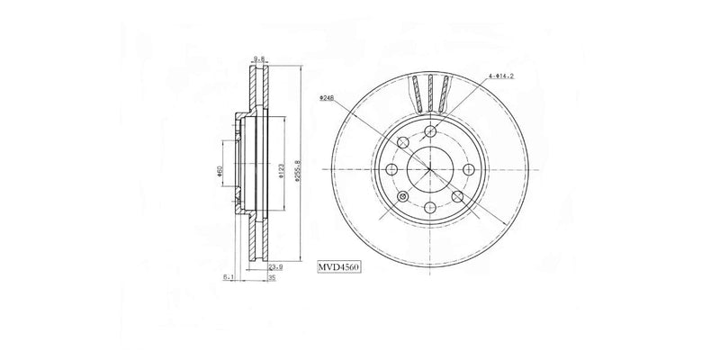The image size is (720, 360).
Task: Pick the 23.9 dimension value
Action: (x=280, y=267)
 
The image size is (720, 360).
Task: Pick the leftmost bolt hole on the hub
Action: (x=391, y=169)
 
